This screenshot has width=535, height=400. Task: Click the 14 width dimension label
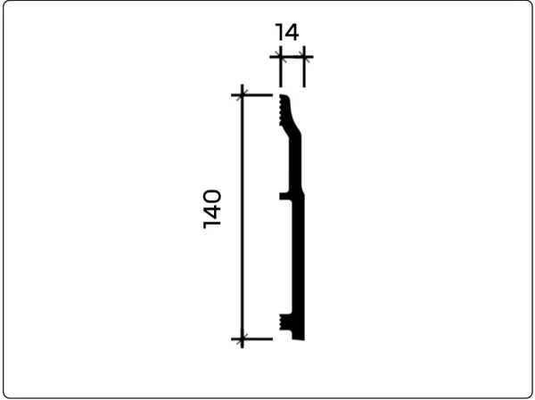286,32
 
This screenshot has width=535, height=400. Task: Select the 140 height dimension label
212,209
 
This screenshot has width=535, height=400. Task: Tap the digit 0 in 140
212,196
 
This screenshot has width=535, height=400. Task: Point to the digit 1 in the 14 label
279,32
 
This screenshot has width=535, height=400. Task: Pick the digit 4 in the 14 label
292,32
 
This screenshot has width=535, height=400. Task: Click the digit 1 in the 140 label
212,224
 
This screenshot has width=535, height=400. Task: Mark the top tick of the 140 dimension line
242,95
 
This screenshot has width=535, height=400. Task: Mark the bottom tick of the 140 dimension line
242,339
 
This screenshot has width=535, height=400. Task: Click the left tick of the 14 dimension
281,57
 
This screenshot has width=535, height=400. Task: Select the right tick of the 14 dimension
304,57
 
